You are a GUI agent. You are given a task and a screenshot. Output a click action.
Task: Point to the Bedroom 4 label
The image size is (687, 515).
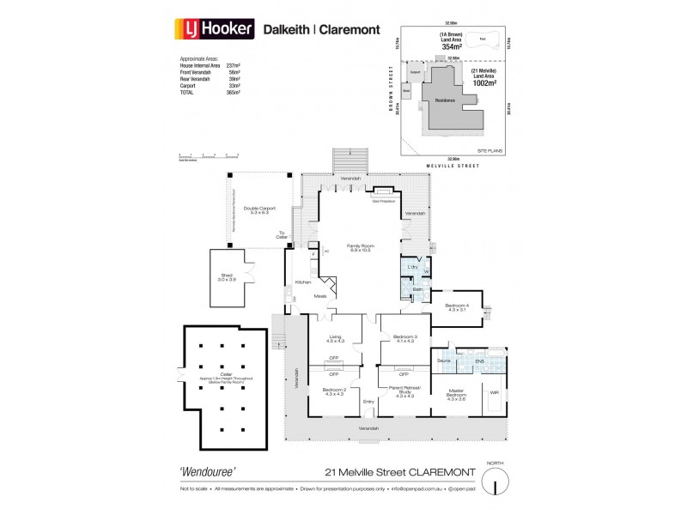457,307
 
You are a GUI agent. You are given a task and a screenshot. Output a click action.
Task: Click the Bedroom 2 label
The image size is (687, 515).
333,391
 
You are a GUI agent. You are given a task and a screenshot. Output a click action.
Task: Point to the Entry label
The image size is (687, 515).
368,402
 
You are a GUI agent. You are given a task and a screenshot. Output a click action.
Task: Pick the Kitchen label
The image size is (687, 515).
303,282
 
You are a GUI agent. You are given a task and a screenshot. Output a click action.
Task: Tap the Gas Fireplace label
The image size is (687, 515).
382,204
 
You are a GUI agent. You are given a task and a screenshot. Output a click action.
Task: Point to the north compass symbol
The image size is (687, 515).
492,483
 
